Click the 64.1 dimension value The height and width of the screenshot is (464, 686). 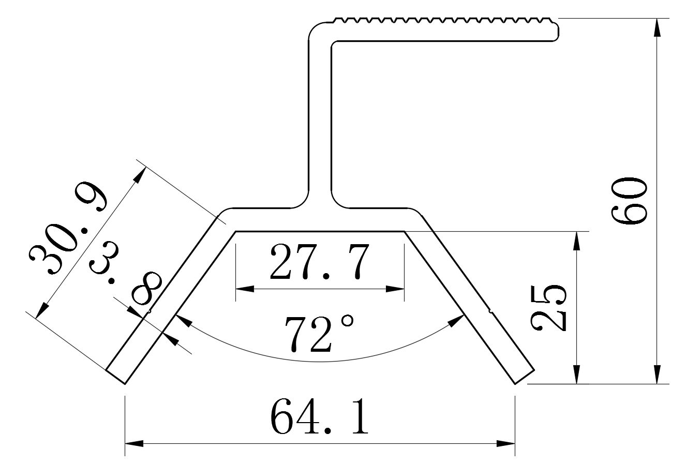[319, 416]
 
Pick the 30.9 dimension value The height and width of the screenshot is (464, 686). [67, 232]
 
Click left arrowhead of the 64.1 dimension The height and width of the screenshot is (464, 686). [133, 443]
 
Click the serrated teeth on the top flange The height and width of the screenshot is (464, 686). [445, 21]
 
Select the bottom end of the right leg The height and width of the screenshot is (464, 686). [524, 376]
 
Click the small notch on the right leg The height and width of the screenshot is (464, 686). [490, 311]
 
